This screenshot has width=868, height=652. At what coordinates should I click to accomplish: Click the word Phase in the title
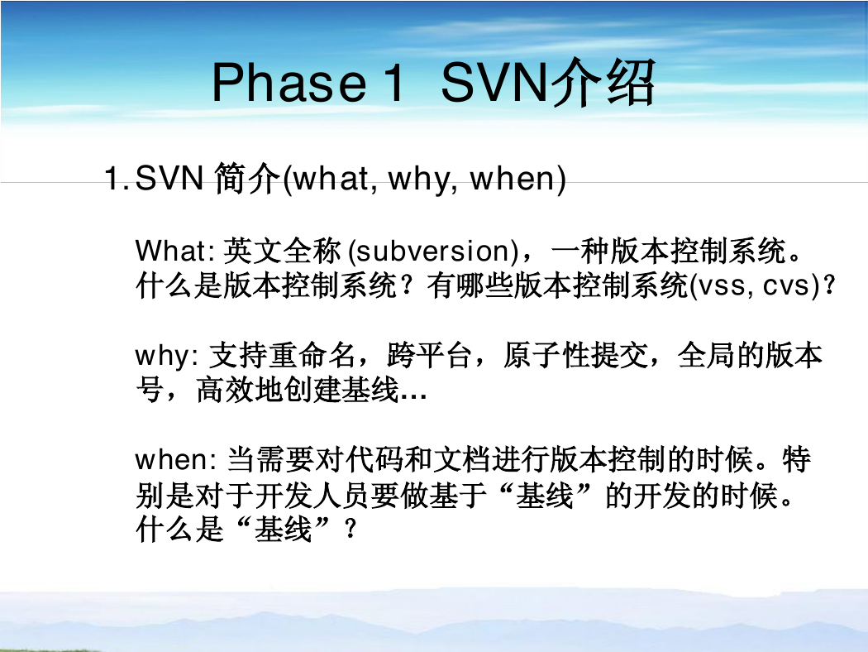pos(289,82)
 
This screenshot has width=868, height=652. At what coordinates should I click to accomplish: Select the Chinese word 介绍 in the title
pos(602,83)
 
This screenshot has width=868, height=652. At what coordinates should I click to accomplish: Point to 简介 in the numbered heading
pos(247,179)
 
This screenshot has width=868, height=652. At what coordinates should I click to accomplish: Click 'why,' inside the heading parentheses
pos(423,179)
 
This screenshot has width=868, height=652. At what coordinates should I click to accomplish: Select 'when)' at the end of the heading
pos(517,179)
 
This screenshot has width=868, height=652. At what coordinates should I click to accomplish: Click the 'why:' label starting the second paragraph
pos(167,356)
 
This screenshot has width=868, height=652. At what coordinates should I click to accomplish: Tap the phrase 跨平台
pos(429,356)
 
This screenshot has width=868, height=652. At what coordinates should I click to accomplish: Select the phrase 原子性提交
pos(575,356)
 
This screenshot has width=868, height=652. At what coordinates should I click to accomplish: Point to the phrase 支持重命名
pos(282,356)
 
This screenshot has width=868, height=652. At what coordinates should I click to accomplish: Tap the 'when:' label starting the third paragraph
pos(176,460)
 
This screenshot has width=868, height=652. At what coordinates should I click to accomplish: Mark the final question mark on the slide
pos(350,530)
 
